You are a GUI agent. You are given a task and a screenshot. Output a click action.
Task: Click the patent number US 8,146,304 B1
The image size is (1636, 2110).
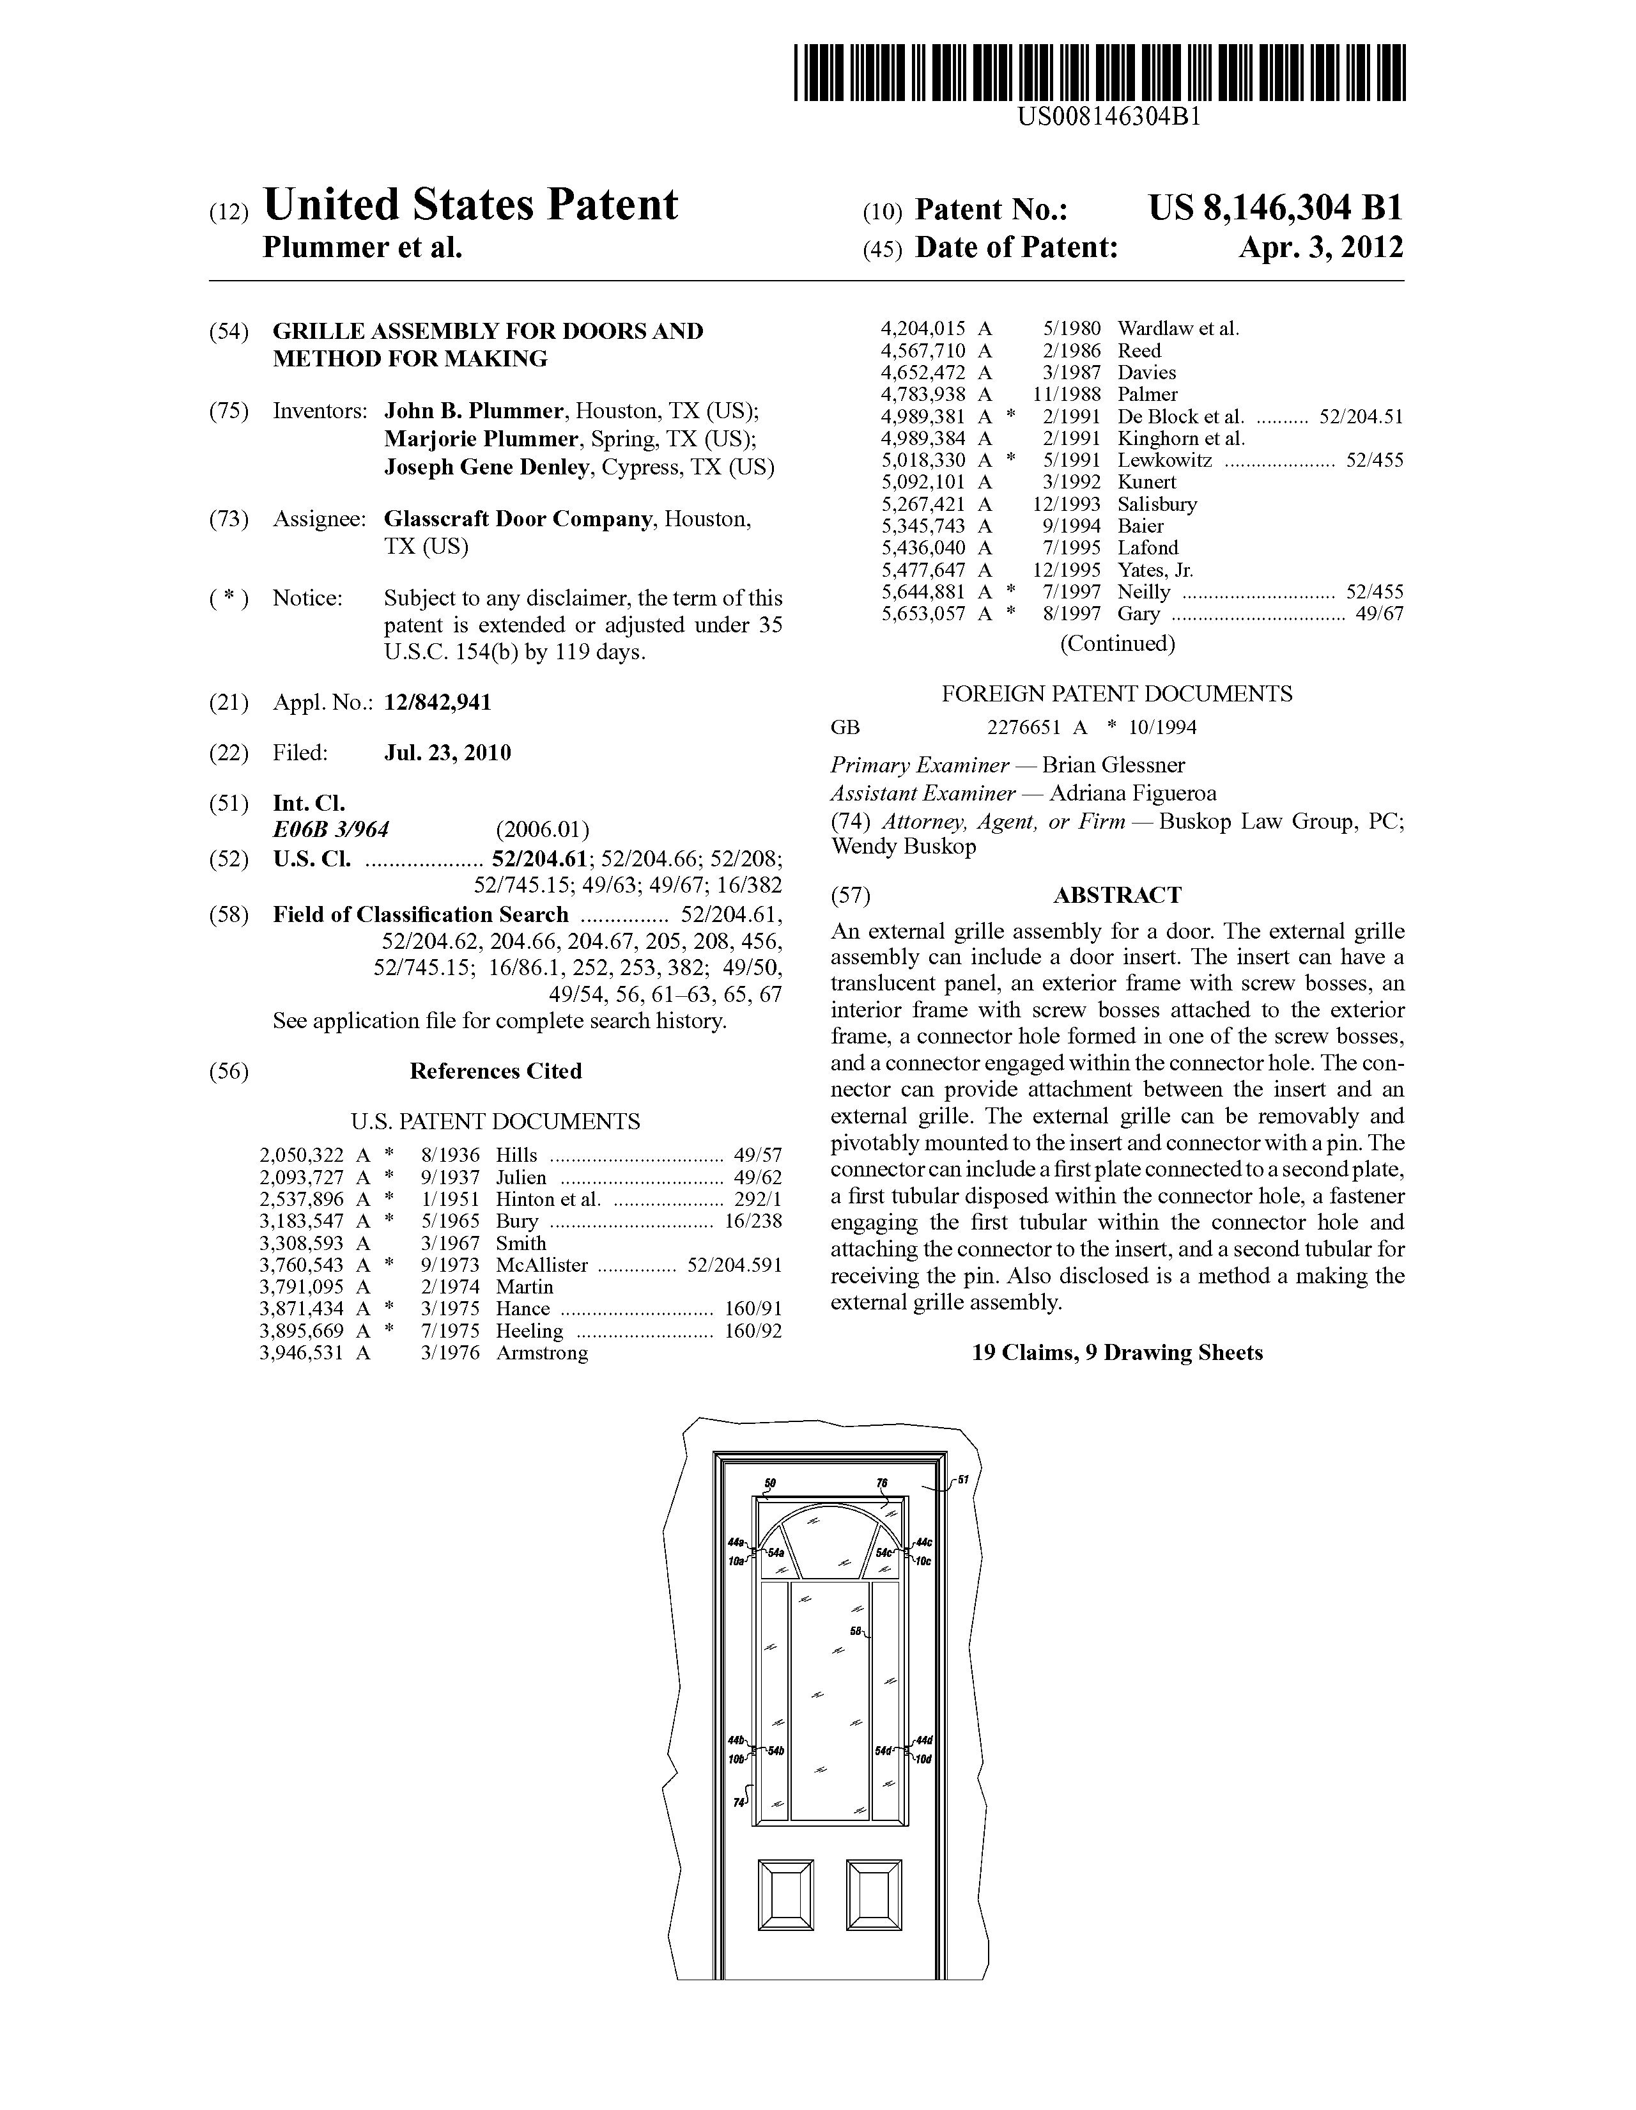(x=1275, y=208)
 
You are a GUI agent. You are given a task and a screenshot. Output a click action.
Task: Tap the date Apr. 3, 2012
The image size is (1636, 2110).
(x=1321, y=247)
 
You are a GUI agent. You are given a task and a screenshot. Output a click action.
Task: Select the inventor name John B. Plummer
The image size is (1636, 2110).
(x=473, y=412)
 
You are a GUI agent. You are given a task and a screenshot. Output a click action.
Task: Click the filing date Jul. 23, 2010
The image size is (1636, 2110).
(x=447, y=753)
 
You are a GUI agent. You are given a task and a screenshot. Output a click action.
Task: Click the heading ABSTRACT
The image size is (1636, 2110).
(x=1116, y=896)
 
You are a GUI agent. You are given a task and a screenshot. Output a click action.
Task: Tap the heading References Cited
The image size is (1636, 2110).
(x=495, y=1072)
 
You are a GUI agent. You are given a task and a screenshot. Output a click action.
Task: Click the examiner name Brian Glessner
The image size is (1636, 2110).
(x=1113, y=765)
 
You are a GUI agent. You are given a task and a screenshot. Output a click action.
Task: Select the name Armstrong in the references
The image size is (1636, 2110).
(x=542, y=1354)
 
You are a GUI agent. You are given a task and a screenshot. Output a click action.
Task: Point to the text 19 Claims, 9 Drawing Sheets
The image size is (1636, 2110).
(x=1116, y=1352)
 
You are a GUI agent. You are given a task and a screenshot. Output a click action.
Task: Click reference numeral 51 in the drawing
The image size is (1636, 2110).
(x=963, y=1480)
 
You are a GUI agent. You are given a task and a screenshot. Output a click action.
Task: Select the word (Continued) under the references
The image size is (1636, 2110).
(x=1117, y=643)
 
